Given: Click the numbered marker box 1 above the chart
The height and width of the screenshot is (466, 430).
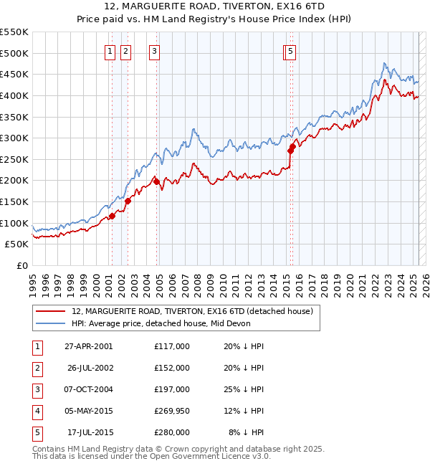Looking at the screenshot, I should click(110, 51).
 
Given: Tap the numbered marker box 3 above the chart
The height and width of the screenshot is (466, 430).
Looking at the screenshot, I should click(154, 51).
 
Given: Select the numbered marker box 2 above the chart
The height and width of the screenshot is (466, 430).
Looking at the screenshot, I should click(125, 51).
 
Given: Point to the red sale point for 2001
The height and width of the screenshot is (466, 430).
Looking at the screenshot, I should click(112, 216).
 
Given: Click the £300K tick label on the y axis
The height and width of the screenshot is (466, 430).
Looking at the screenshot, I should click(14, 138).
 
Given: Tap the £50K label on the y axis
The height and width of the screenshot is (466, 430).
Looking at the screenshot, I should click(17, 244).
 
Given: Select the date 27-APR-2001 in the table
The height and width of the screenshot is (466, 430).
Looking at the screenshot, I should click(88, 346).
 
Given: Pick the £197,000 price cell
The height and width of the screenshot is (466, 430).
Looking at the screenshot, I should click(171, 389).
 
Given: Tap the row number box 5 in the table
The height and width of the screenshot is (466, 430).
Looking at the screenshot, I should click(37, 432).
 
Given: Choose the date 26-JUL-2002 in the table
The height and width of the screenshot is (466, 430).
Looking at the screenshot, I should click(90, 368).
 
